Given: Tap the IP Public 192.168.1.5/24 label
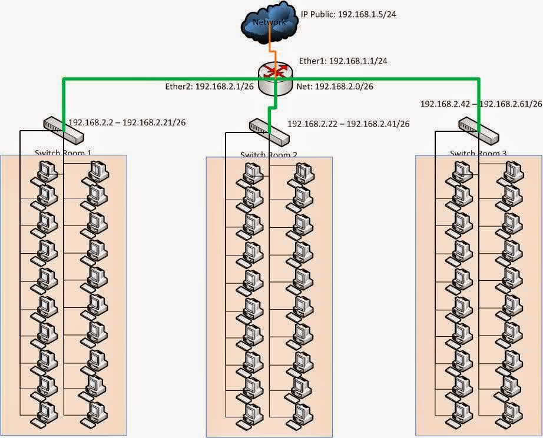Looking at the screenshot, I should click(x=348, y=14).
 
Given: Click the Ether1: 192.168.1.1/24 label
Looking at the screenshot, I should click(x=343, y=61).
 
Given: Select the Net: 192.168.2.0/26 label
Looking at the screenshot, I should click(x=335, y=87).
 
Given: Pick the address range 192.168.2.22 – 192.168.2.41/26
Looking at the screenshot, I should click(x=348, y=124).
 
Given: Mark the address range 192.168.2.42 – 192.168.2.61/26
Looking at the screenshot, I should click(x=481, y=104).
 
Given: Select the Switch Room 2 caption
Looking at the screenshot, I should click(x=269, y=155).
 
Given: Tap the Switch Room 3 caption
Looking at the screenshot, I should click(x=478, y=154).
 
